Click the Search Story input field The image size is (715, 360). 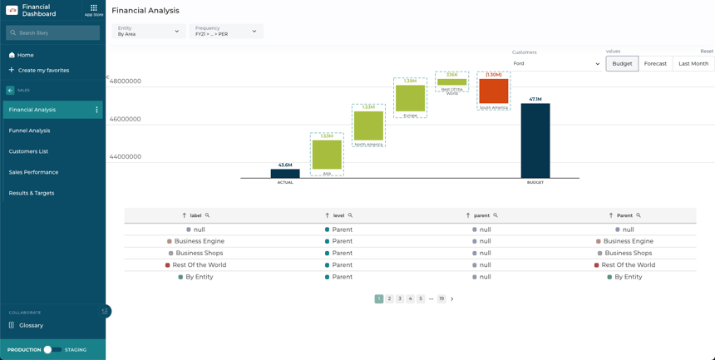pos(53,32)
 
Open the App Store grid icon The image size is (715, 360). pos(94,8)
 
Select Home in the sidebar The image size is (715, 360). pos(26,55)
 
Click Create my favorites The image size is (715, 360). pos(43,71)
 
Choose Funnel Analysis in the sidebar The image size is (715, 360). pos(30,131)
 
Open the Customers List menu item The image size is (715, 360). pos(29,151)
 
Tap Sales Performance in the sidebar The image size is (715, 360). pos(34,172)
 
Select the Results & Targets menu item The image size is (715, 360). pos(32,193)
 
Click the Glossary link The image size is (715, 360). pos(32,325)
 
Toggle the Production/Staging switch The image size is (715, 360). pos(52,350)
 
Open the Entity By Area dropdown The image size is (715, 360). pos(149,32)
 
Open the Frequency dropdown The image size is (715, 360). pos(226,32)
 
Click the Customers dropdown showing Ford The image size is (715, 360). pos(555,63)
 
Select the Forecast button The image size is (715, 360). pos(655,63)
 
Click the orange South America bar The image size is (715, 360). pos(493,91)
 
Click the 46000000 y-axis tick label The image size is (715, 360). pos(126,119)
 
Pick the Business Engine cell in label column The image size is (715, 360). pos(200,241)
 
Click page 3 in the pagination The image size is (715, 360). pos(400,298)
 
